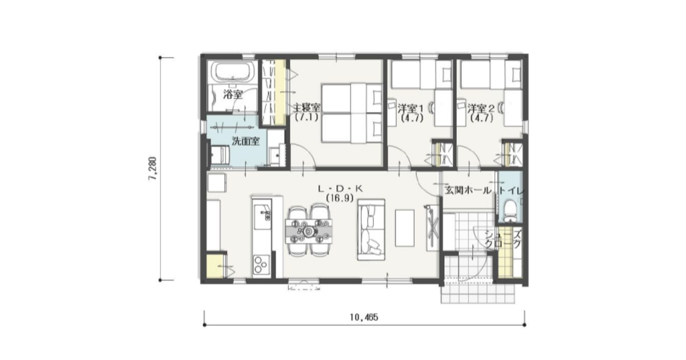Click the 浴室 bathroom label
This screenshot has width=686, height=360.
click(233, 94)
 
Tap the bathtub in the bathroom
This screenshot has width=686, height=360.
click(233, 73)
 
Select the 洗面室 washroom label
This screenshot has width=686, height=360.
click(246, 141)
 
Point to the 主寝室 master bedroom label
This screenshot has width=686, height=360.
click(307, 108)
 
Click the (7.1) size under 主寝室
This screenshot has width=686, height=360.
click(306, 117)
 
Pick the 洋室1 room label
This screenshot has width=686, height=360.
click(411, 108)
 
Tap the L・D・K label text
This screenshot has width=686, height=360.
click(340, 189)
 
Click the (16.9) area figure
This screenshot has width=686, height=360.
click(340, 198)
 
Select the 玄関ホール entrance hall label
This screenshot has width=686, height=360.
click(468, 191)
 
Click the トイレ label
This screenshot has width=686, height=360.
click(511, 191)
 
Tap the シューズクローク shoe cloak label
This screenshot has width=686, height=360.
click(503, 239)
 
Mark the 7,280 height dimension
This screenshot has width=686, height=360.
click(153, 169)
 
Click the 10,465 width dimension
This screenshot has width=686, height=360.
click(364, 317)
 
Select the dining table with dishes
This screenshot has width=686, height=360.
click(309, 231)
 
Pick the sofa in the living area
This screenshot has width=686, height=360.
click(371, 230)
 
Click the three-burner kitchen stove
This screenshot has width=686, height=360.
click(261, 265)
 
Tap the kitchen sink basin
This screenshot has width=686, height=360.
click(262, 217)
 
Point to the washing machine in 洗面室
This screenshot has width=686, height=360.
click(220, 155)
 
